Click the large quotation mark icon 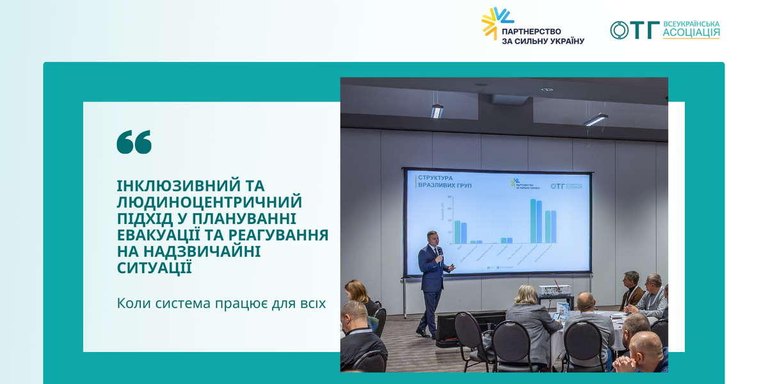[134, 141]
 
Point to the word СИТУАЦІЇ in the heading [154, 268]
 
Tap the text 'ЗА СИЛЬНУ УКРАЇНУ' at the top [543, 41]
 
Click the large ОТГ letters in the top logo [635, 30]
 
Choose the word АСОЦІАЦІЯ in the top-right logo [691, 33]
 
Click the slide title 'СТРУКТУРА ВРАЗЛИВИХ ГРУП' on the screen [436, 180]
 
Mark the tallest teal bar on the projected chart [532, 221]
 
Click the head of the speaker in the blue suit [433, 236]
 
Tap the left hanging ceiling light [437, 111]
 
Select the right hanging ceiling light [595, 119]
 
